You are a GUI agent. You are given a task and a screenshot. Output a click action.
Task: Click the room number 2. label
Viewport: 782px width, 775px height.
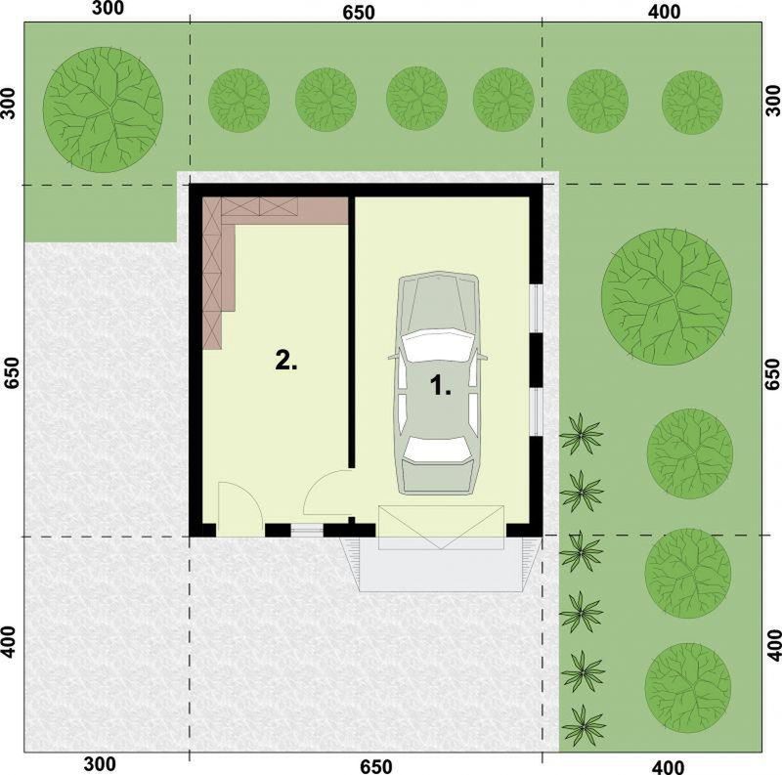[x=285, y=361]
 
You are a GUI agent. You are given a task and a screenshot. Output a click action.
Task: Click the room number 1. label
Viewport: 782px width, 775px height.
[x=441, y=386]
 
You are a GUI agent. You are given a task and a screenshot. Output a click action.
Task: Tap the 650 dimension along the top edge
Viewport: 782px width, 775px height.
[x=359, y=14]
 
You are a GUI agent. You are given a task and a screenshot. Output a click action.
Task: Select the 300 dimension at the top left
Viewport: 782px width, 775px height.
[x=110, y=10]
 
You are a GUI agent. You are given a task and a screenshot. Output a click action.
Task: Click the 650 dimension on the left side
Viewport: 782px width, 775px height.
[x=12, y=371]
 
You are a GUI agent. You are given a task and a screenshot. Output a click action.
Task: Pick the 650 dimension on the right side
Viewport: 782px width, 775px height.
[x=771, y=373]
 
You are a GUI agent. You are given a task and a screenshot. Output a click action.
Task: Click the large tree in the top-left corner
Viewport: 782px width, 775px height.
[x=105, y=106]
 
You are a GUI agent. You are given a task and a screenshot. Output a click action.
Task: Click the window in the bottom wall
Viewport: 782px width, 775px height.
[x=307, y=531]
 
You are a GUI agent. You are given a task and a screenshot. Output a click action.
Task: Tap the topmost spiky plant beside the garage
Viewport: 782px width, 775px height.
[x=583, y=431]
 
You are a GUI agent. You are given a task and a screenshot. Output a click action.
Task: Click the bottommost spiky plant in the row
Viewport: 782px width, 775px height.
[x=584, y=724]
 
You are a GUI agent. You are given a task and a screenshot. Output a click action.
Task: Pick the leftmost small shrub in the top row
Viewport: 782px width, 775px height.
[x=239, y=100]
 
